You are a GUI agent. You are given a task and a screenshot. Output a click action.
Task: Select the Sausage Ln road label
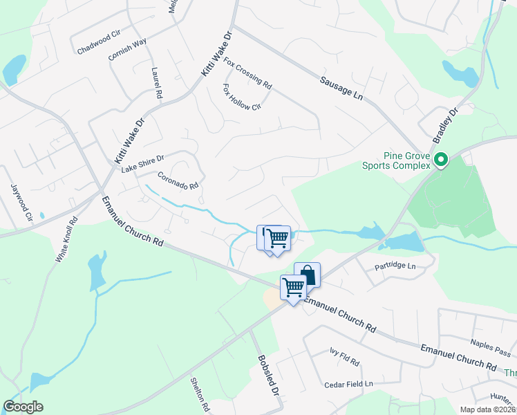pyautogui.click(x=341, y=88)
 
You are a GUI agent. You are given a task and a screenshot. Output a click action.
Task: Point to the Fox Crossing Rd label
pyautogui.click(x=247, y=72)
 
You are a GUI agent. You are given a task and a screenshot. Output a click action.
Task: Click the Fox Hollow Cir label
pyautogui.click(x=241, y=98)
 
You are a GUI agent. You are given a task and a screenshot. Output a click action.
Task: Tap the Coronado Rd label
pyautogui.click(x=178, y=181)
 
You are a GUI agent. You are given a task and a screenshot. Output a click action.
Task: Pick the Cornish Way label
pyautogui.click(x=128, y=50)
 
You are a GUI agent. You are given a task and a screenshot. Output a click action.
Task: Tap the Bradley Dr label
pyautogui.click(x=446, y=125)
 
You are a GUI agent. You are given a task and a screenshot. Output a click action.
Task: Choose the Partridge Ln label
pyautogui.click(x=397, y=266)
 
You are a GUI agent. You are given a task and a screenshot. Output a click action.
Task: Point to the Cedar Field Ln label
pyautogui.click(x=349, y=383)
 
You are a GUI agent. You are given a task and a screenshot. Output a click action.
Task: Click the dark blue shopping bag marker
pyautogui.click(x=307, y=274)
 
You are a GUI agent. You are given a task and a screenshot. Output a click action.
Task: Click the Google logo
pyautogui.click(x=23, y=407)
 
